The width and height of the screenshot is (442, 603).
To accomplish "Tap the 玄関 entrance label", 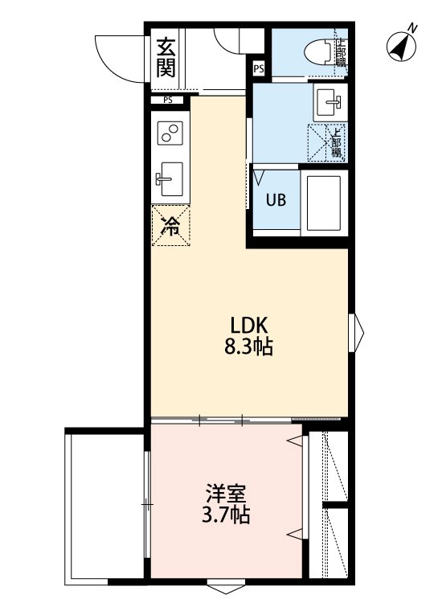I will pyautogui.click(x=166, y=57).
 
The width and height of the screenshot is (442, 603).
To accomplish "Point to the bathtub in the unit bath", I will pyautogui.click(x=323, y=202).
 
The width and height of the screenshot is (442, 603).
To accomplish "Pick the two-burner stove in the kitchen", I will pyautogui.click(x=169, y=133).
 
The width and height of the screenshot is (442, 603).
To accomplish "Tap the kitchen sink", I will pyautogui.click(x=169, y=179).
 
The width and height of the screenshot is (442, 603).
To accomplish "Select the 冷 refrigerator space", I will pyautogui.click(x=170, y=227).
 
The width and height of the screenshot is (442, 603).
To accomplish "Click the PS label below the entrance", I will pyautogui.click(x=167, y=100).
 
